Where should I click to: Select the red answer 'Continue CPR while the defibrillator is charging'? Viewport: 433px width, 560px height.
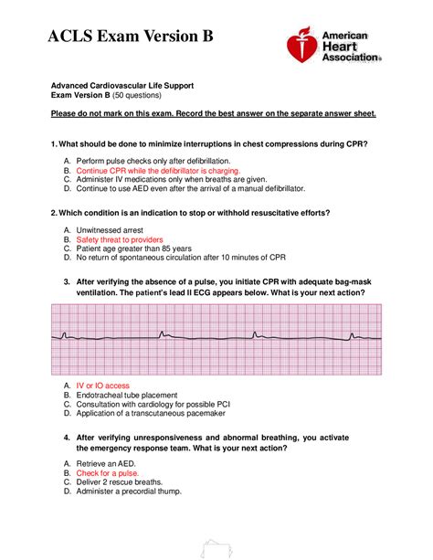(x=158, y=171)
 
